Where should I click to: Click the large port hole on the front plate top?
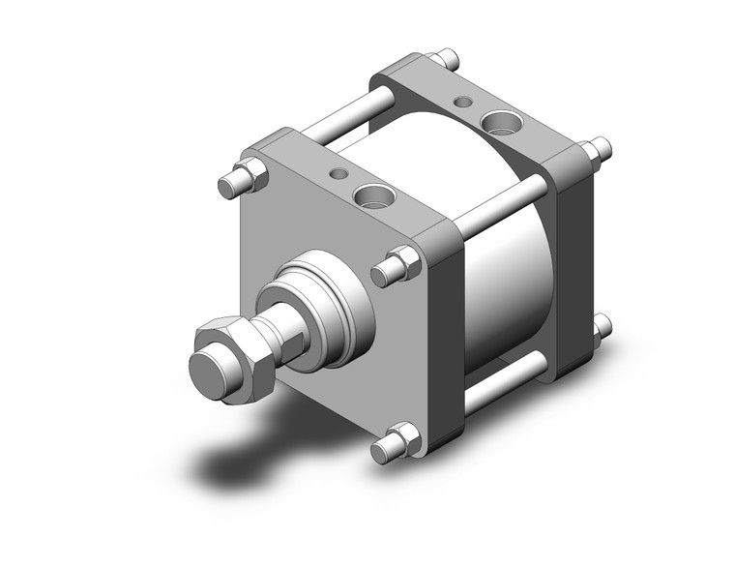(372, 196)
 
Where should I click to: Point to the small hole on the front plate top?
(338, 174)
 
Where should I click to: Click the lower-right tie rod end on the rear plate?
(602, 326)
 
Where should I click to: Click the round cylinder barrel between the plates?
(503, 281)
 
